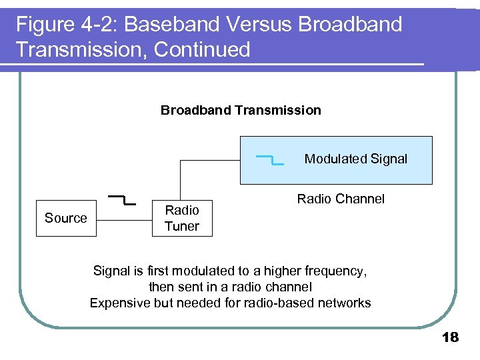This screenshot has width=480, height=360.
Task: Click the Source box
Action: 65,218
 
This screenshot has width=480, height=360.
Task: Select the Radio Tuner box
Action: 182,218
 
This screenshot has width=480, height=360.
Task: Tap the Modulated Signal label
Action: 355,159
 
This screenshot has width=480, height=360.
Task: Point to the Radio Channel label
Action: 341,199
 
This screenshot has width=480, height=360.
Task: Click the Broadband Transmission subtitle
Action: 241,110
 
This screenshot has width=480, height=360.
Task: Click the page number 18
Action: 451,337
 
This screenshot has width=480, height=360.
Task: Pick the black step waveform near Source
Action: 122,199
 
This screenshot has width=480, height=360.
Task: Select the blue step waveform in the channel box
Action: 269,159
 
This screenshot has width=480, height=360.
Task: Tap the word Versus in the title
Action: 259,25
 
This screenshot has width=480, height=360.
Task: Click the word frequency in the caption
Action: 333,271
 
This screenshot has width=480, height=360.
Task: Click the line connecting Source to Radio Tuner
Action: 125,218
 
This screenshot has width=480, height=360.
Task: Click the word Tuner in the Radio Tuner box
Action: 182,226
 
